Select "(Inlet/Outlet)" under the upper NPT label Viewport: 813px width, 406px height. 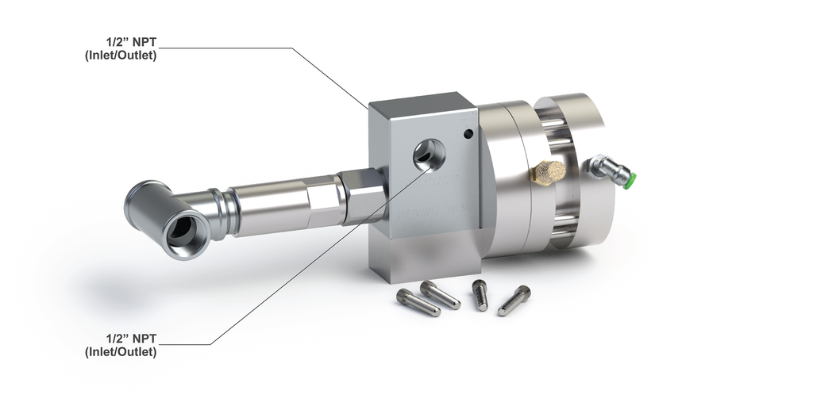tap(121, 56)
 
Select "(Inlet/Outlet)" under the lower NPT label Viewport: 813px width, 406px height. tap(121, 350)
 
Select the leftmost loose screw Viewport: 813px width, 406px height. tap(418, 302)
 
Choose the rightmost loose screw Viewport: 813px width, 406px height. tap(514, 301)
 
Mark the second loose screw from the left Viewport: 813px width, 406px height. tap(441, 295)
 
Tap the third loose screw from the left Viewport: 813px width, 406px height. tap(480, 294)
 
